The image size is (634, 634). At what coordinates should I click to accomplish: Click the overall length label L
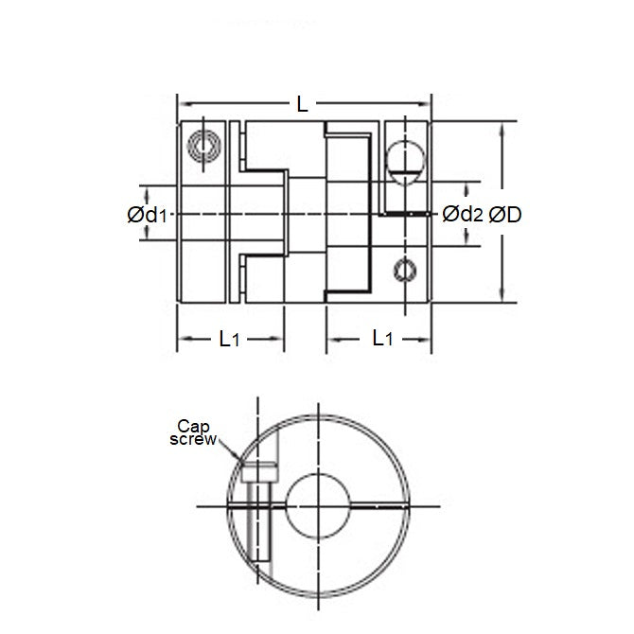pyautogui.click(x=303, y=105)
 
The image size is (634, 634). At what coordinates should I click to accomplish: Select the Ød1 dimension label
pyautogui.click(x=147, y=216)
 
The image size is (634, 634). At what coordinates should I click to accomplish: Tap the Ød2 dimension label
pyautogui.click(x=463, y=215)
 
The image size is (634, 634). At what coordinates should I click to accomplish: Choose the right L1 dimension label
pyautogui.click(x=381, y=338)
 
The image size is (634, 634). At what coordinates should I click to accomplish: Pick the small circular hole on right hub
pyautogui.click(x=405, y=269)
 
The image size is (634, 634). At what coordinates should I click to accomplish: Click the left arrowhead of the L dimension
pyautogui.click(x=183, y=105)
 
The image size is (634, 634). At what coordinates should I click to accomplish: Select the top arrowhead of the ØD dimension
pyautogui.click(x=502, y=127)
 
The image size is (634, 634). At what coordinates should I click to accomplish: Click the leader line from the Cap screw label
pyautogui.click(x=226, y=448)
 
